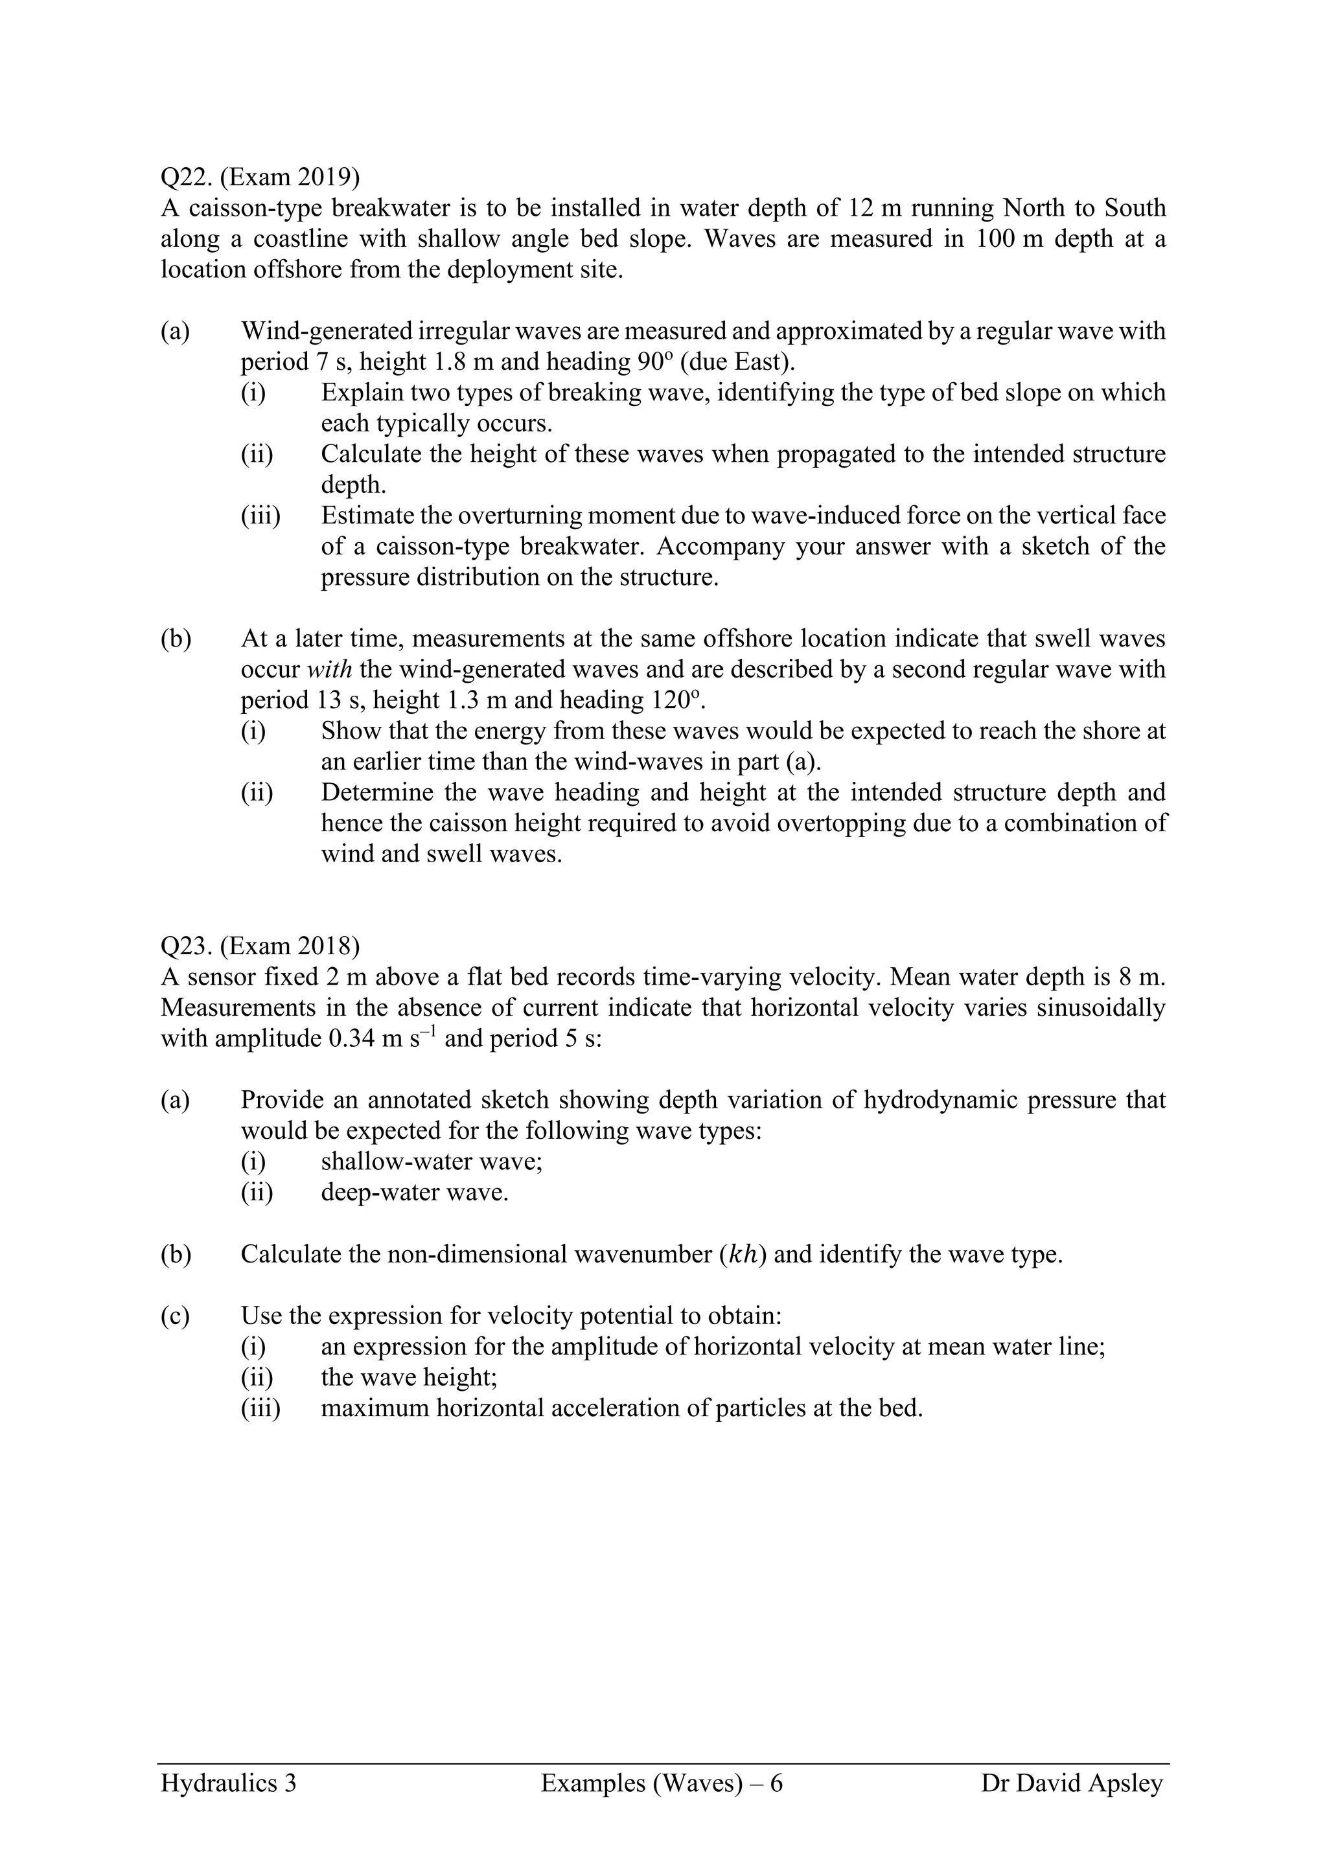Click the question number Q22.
(x=185, y=177)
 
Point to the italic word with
(x=329, y=669)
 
